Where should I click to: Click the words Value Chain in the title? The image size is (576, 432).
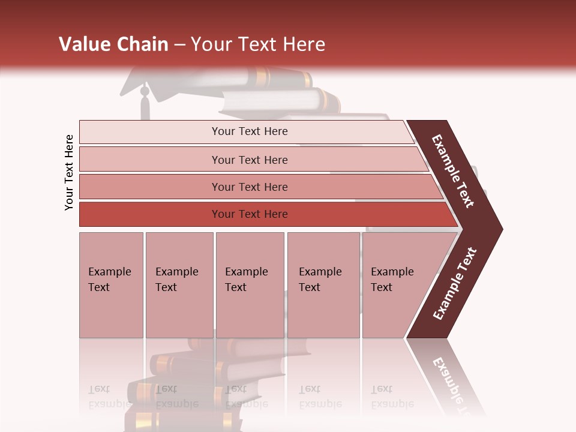click(x=113, y=44)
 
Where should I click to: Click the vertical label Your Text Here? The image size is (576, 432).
click(x=69, y=172)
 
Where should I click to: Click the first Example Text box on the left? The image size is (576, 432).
click(x=111, y=285)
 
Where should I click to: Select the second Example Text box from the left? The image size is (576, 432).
click(x=179, y=285)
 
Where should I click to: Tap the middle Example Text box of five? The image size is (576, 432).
click(x=250, y=285)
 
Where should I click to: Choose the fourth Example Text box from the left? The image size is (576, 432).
click(x=323, y=285)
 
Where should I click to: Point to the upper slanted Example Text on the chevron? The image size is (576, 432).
click(x=453, y=171)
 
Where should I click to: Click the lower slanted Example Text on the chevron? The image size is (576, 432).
click(x=455, y=283)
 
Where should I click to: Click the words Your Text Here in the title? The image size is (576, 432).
click(x=258, y=44)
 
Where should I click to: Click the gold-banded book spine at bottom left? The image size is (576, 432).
click(x=162, y=363)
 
